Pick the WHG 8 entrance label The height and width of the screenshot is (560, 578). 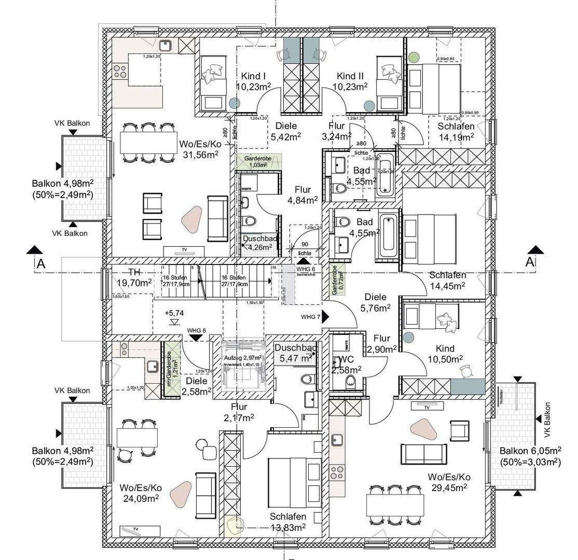[197, 330]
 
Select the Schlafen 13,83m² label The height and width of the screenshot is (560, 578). [287, 522]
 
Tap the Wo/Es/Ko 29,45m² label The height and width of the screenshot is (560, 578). [449, 482]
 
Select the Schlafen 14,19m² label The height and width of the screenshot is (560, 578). [456, 132]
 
